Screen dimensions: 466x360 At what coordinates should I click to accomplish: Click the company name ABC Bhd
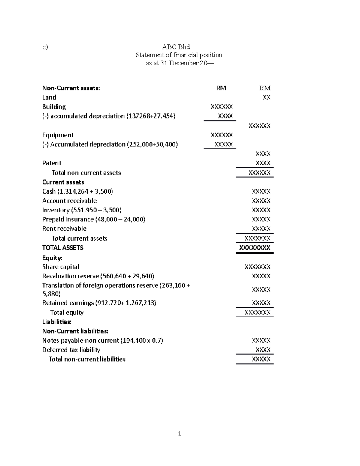[x=176, y=47]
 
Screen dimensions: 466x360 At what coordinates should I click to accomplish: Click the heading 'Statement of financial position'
[x=179, y=55]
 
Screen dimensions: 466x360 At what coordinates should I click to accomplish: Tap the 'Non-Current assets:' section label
[x=71, y=88]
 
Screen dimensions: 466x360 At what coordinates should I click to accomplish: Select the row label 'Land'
[x=49, y=97]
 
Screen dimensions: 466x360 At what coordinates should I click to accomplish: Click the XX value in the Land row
[x=267, y=97]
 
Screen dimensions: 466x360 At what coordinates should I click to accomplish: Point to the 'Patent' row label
[x=52, y=163]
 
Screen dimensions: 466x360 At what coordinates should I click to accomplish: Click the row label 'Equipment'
[x=58, y=135]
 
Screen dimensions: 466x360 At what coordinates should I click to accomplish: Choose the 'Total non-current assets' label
[x=86, y=173]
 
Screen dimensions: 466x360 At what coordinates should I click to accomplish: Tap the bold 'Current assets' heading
[x=63, y=182]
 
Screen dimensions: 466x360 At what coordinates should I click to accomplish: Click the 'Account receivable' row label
[x=70, y=200]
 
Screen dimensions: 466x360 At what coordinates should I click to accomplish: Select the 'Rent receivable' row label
[x=64, y=229]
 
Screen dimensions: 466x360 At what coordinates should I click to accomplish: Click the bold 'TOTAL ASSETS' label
[x=63, y=248]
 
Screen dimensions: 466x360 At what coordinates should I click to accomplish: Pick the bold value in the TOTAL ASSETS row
[x=255, y=248]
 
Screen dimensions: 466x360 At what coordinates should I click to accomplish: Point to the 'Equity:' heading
[x=52, y=258]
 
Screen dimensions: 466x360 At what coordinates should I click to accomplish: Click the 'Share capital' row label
[x=61, y=267]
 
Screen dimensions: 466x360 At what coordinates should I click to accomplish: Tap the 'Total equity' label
[x=67, y=312]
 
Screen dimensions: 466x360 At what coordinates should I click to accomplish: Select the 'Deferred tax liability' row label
[x=71, y=350]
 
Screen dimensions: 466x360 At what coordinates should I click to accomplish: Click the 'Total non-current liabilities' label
[x=87, y=359]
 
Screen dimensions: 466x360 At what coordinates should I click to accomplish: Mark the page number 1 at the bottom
[x=179, y=434]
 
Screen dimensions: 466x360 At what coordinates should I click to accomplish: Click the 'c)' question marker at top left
[x=45, y=47]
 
